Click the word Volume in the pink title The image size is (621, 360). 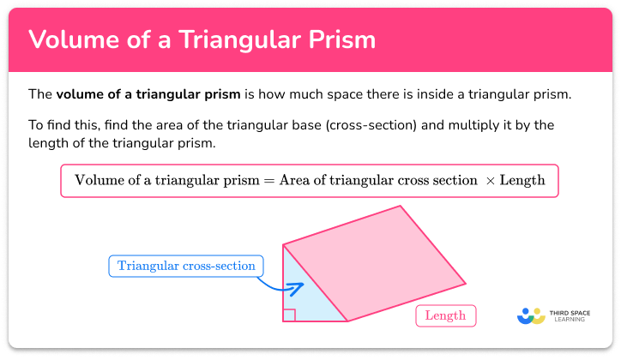click(x=67, y=40)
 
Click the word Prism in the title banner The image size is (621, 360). click(x=341, y=40)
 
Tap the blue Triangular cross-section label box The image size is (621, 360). click(x=186, y=266)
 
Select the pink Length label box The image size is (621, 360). click(x=445, y=315)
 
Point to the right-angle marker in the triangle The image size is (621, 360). click(x=289, y=315)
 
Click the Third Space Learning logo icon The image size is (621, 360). click(x=531, y=315)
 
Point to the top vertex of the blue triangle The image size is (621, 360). click(x=284, y=244)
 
